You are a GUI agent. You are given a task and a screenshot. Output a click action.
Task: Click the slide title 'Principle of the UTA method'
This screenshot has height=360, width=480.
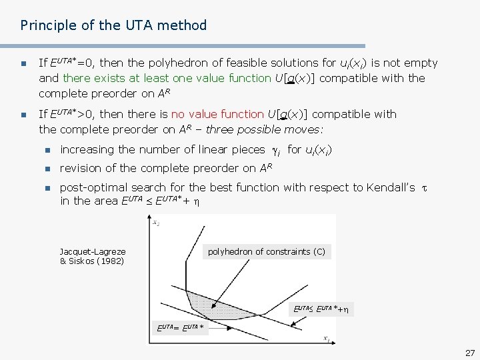(113, 25)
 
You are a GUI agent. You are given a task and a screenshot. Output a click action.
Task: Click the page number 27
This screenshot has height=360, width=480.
(469, 353)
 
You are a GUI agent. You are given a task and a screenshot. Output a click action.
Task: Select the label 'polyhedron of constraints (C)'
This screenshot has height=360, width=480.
(267, 252)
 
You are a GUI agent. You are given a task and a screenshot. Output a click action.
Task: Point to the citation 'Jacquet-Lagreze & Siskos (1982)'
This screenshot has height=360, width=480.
(92, 256)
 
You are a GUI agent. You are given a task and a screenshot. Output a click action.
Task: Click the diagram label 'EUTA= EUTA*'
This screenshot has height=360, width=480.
(180, 327)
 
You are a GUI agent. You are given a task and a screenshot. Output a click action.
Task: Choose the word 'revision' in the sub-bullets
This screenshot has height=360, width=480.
(81, 168)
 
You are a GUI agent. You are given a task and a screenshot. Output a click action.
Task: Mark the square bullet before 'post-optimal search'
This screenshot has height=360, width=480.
(46, 188)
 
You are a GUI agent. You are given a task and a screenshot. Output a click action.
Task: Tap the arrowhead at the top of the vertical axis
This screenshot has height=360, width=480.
(155, 219)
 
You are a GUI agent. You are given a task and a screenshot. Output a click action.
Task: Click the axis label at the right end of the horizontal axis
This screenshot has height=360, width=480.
(327, 339)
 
